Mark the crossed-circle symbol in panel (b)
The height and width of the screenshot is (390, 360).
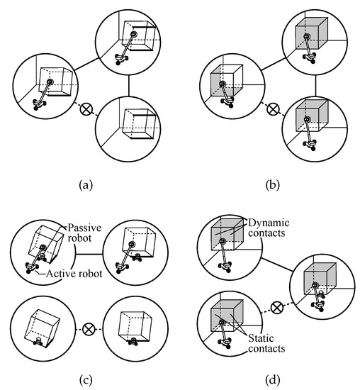click(x=270, y=110)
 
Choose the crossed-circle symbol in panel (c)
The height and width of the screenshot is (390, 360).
click(x=89, y=329)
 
